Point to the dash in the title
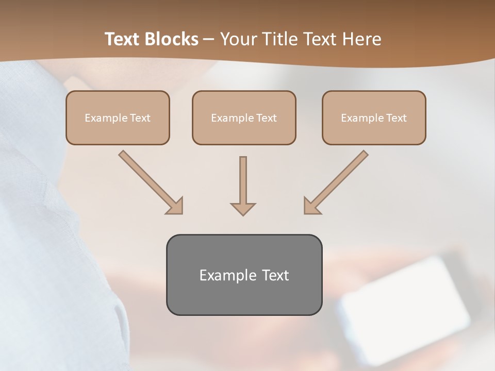[209, 40]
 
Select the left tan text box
[118, 117]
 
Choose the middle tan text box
[244, 117]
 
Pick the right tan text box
[374, 117]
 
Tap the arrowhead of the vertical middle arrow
[243, 208]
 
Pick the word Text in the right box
[396, 118]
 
